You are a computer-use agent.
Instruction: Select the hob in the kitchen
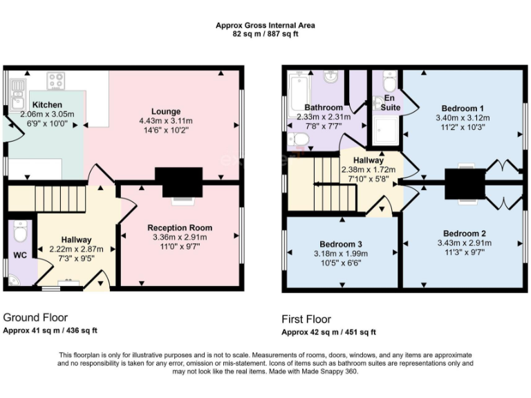tap(56, 80)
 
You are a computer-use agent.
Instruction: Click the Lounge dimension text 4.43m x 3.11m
tap(166, 120)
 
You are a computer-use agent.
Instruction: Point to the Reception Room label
tap(180, 227)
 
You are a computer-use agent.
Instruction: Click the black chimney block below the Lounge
tap(178, 182)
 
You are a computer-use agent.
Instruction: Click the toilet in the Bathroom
tap(298, 140)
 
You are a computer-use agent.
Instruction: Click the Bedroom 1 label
tap(461, 108)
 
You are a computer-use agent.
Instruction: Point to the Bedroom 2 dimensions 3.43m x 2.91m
tap(465, 243)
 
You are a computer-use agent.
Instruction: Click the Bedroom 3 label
tap(342, 244)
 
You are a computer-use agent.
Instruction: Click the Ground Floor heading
tap(35, 317)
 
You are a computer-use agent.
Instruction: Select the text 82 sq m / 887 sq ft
tap(265, 33)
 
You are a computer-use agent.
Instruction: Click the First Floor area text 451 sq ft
tap(360, 332)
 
